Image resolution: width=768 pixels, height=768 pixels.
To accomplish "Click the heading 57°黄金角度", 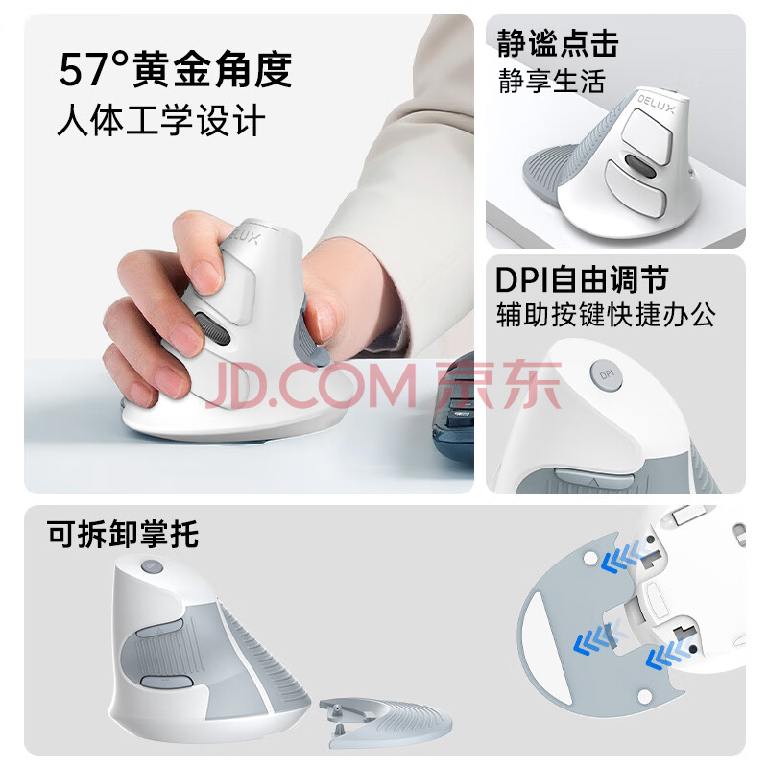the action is point(176,69).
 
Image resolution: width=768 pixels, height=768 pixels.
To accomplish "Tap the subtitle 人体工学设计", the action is point(161,120).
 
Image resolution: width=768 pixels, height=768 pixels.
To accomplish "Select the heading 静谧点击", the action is point(558,43).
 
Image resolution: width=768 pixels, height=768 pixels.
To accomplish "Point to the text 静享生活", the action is point(552,81).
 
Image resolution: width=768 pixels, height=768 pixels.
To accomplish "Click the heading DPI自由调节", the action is point(582,279).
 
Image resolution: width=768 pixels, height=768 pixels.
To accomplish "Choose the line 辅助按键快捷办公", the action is point(606,315).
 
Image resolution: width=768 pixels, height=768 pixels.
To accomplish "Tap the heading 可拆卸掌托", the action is point(123,534).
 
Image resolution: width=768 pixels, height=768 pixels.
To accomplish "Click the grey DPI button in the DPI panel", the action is point(606,375).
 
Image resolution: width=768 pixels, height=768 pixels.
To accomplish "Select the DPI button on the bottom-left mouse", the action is point(152,566).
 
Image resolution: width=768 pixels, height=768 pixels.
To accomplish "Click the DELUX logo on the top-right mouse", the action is point(656,105).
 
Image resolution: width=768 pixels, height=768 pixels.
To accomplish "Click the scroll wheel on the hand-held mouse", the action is point(213,329).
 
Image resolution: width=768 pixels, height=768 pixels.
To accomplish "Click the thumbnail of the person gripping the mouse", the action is point(249,253).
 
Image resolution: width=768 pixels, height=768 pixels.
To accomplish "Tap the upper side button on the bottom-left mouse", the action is point(159,629).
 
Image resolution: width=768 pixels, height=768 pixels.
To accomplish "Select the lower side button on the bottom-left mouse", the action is point(166,682).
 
